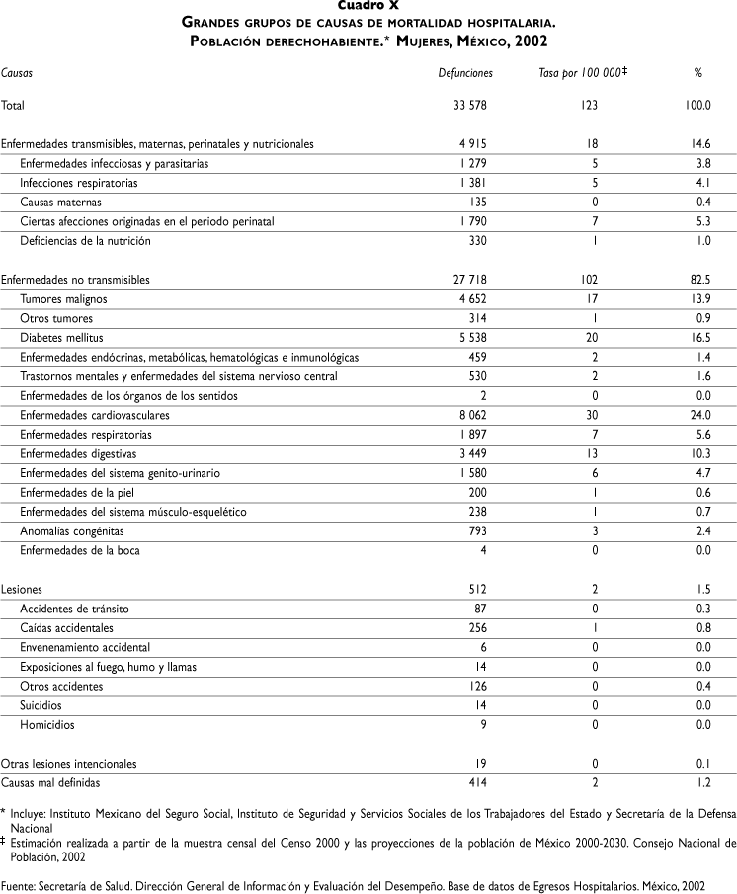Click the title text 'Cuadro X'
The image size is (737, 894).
[368, 5]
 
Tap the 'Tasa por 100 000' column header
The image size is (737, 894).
[577, 74]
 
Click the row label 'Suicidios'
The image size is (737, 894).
[42, 706]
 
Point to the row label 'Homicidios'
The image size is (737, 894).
[46, 725]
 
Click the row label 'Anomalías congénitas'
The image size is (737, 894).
[71, 531]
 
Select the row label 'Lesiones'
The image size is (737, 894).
[20, 590]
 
